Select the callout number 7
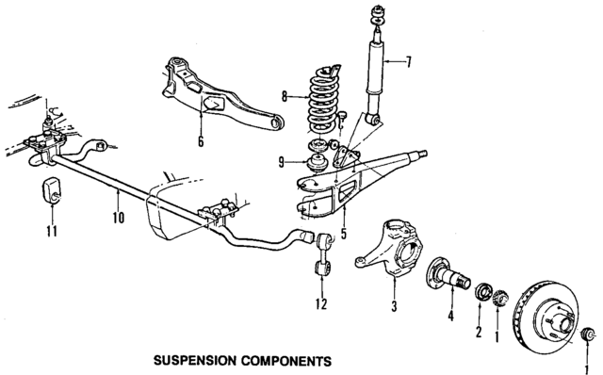pos(409,63)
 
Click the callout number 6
pos(200,142)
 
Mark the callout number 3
pos(394,307)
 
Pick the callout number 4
pos(450,317)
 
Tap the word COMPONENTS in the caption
pos(287,361)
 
